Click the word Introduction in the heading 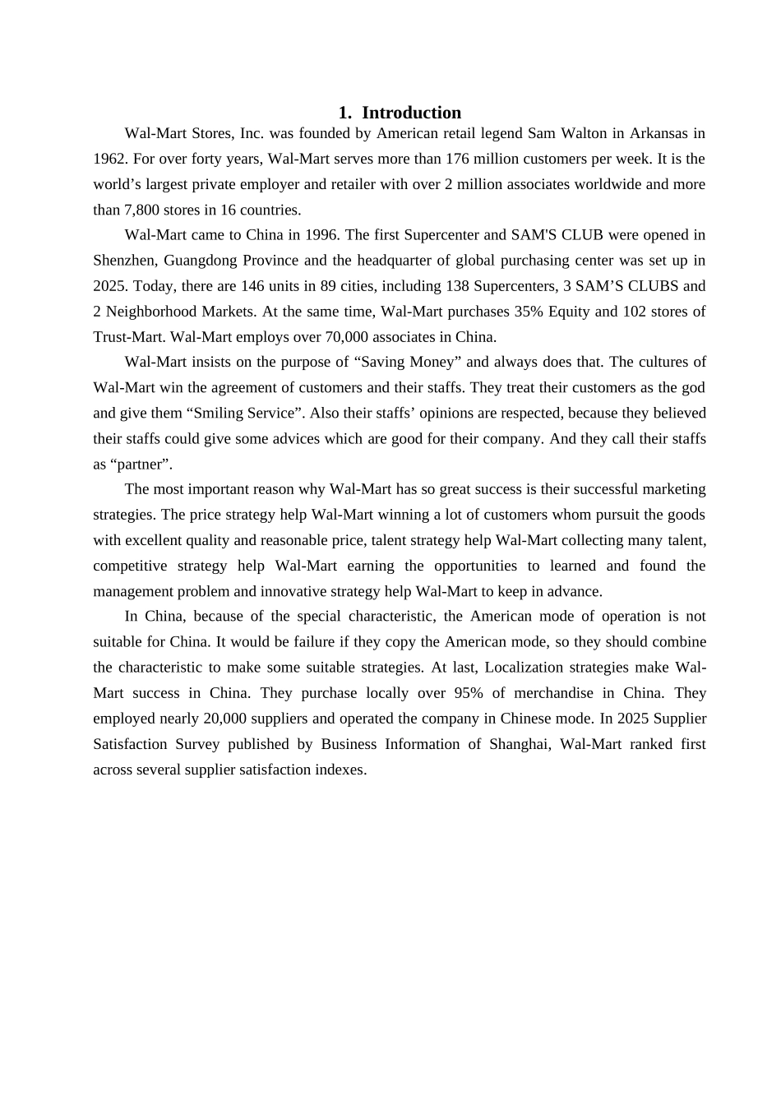tap(411, 113)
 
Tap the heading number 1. tap(343, 113)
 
